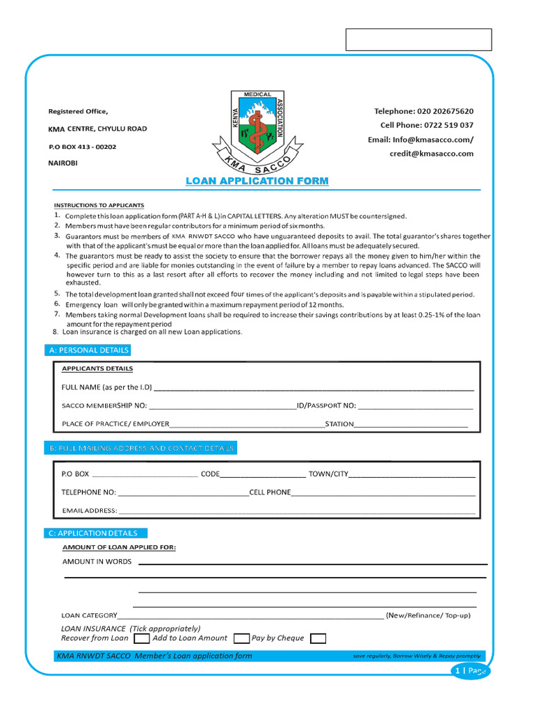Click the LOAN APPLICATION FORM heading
point(257,181)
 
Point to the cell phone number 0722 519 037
point(448,125)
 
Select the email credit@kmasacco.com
point(431,154)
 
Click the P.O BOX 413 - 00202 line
point(82,147)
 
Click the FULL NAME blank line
point(313,389)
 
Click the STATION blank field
point(411,425)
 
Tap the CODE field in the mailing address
point(264,475)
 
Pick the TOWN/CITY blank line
point(412,475)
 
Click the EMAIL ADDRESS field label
point(90,511)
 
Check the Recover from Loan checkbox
point(141,638)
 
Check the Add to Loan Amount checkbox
point(242,638)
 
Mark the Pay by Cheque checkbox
point(318,638)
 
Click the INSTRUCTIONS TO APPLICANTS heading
point(99,205)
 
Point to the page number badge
point(471,671)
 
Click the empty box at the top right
point(419,40)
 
